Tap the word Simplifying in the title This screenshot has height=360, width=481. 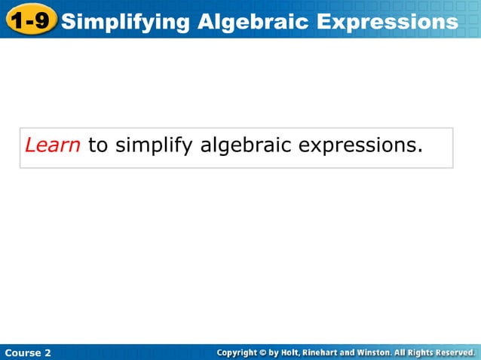(126, 21)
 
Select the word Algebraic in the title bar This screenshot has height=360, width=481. (253, 21)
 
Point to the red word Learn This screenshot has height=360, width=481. (53, 145)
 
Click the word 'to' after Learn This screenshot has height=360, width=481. (98, 145)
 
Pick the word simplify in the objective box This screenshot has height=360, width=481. (155, 145)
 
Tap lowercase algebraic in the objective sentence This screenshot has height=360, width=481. (246, 145)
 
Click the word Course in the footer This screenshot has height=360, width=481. (21, 352)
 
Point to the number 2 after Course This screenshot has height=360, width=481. (47, 352)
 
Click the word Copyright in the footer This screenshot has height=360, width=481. (236, 352)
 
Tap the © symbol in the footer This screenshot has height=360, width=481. (263, 352)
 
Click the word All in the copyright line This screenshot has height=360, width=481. (400, 352)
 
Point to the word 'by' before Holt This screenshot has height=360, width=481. (274, 352)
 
